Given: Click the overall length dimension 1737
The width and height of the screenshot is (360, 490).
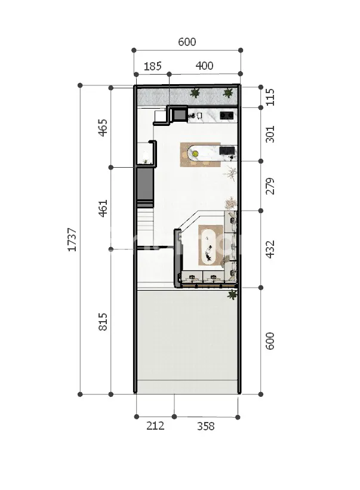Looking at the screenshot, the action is [72, 239].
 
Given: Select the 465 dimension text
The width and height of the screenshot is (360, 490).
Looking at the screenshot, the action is [103, 128].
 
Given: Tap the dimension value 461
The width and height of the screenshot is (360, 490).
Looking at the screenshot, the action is [103, 208].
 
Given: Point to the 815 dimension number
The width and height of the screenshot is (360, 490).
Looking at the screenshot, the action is [103, 322].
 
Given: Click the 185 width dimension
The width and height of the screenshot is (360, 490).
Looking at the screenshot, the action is [152, 66].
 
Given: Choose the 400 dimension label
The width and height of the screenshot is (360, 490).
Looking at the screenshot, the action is [204, 66].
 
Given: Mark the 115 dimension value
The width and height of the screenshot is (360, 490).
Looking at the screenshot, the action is [270, 97].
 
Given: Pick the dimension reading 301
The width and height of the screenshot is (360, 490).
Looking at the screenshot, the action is [270, 134].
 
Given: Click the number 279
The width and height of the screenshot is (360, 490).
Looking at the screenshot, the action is [270, 186].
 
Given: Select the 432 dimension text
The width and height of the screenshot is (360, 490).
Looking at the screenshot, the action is [270, 249].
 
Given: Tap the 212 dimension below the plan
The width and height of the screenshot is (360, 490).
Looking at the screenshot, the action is [155, 426].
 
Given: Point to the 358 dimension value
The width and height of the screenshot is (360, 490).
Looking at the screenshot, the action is [205, 426].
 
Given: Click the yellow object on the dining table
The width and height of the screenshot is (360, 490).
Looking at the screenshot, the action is [195, 153].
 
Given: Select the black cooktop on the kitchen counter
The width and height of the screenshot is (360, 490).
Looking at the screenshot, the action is [226, 116].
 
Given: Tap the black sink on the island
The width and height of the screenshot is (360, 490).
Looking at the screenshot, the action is [227, 150].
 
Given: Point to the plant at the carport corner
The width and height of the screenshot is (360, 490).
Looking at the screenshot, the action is [232, 294].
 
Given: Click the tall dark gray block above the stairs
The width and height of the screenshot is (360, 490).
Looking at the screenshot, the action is [145, 184].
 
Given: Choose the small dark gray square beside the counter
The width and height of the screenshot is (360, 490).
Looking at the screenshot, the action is [180, 115].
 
